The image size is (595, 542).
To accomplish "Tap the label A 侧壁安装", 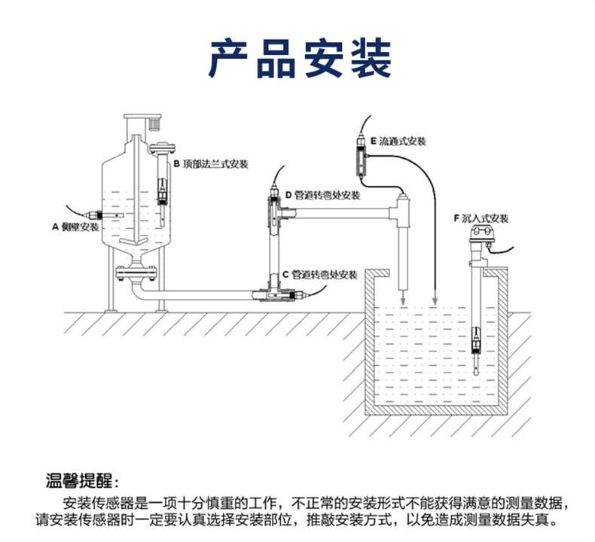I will click(x=75, y=226).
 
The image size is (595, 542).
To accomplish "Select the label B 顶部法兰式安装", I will click(x=211, y=163).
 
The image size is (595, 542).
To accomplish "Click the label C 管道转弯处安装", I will click(x=319, y=275).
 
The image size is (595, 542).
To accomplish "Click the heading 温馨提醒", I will click(x=82, y=481).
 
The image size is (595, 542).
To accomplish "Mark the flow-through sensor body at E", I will click(x=361, y=160).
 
